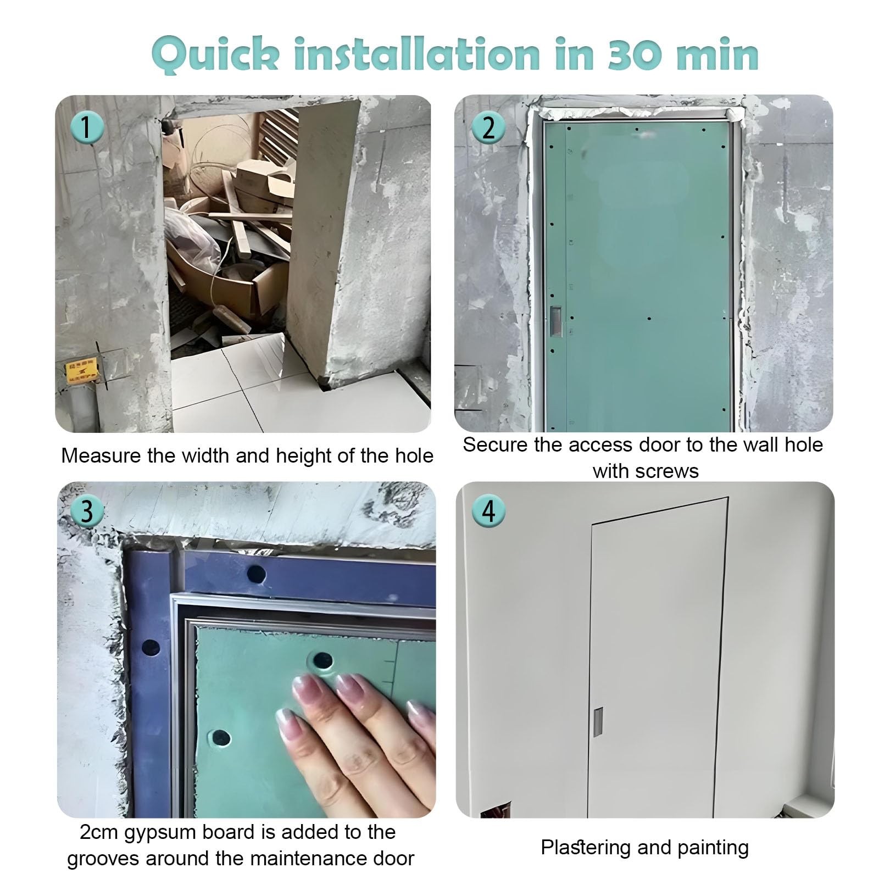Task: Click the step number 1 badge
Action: pyautogui.click(x=87, y=127)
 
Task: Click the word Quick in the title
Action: pyautogui.click(x=215, y=55)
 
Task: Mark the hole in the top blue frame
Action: pyautogui.click(x=256, y=575)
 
